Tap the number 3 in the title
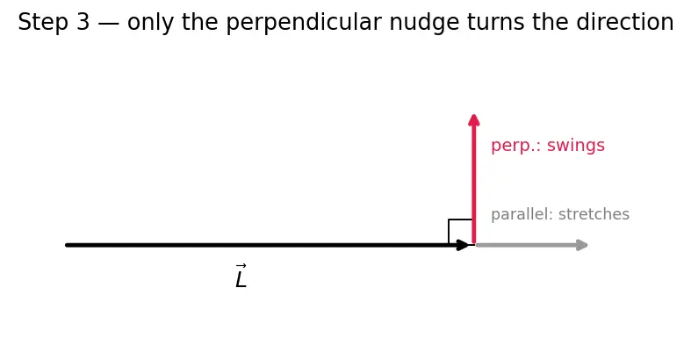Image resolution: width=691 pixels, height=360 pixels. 83,22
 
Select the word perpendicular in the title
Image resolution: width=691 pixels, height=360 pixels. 304,22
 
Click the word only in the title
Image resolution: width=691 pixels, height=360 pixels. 150,23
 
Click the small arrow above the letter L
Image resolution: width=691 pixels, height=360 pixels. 241,266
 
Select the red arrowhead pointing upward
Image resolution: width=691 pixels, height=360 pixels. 474,119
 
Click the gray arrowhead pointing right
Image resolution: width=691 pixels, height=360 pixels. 582,245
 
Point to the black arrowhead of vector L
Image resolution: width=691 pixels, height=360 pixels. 463,245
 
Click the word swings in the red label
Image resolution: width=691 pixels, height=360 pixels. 576,146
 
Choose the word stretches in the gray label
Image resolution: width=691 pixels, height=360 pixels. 594,214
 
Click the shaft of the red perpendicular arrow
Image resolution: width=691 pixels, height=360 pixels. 474,184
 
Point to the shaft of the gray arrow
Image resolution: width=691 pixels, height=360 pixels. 527,245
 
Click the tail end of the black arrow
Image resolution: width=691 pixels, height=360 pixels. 67,245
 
